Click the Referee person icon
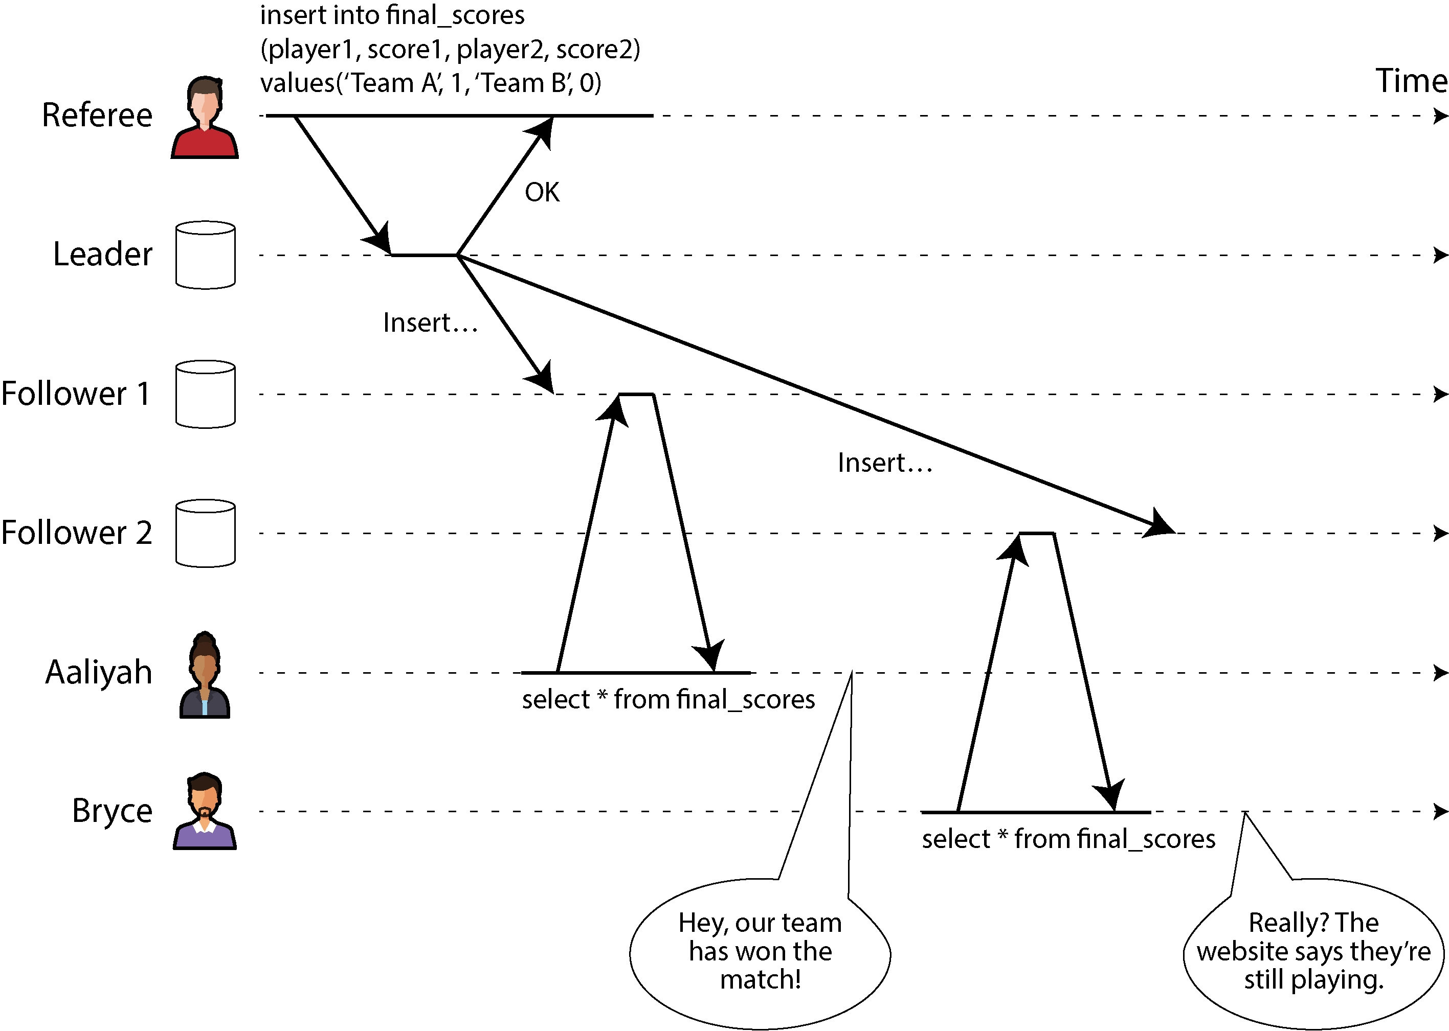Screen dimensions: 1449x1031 (x=205, y=118)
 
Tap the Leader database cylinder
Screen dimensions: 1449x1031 (x=205, y=255)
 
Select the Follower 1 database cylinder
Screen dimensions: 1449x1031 (x=205, y=394)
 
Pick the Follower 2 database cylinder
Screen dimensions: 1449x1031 (x=205, y=533)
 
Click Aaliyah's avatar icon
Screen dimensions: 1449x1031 (x=205, y=674)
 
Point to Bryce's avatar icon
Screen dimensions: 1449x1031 (x=205, y=811)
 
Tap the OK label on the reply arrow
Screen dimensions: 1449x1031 (x=542, y=192)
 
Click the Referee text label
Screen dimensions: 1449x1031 (x=97, y=115)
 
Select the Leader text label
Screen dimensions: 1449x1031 (x=103, y=254)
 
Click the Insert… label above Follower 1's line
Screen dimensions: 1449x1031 (x=430, y=323)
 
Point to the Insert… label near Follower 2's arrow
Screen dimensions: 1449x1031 (x=885, y=462)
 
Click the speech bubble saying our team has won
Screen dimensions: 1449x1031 (x=760, y=952)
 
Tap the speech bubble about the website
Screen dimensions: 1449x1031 (x=1313, y=952)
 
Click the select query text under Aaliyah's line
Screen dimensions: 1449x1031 (x=668, y=700)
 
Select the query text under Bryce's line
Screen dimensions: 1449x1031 (x=1068, y=839)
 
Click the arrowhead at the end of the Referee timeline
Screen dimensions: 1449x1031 (x=1441, y=116)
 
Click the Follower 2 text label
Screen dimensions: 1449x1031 (x=77, y=533)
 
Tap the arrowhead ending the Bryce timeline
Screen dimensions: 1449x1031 (x=1441, y=811)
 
